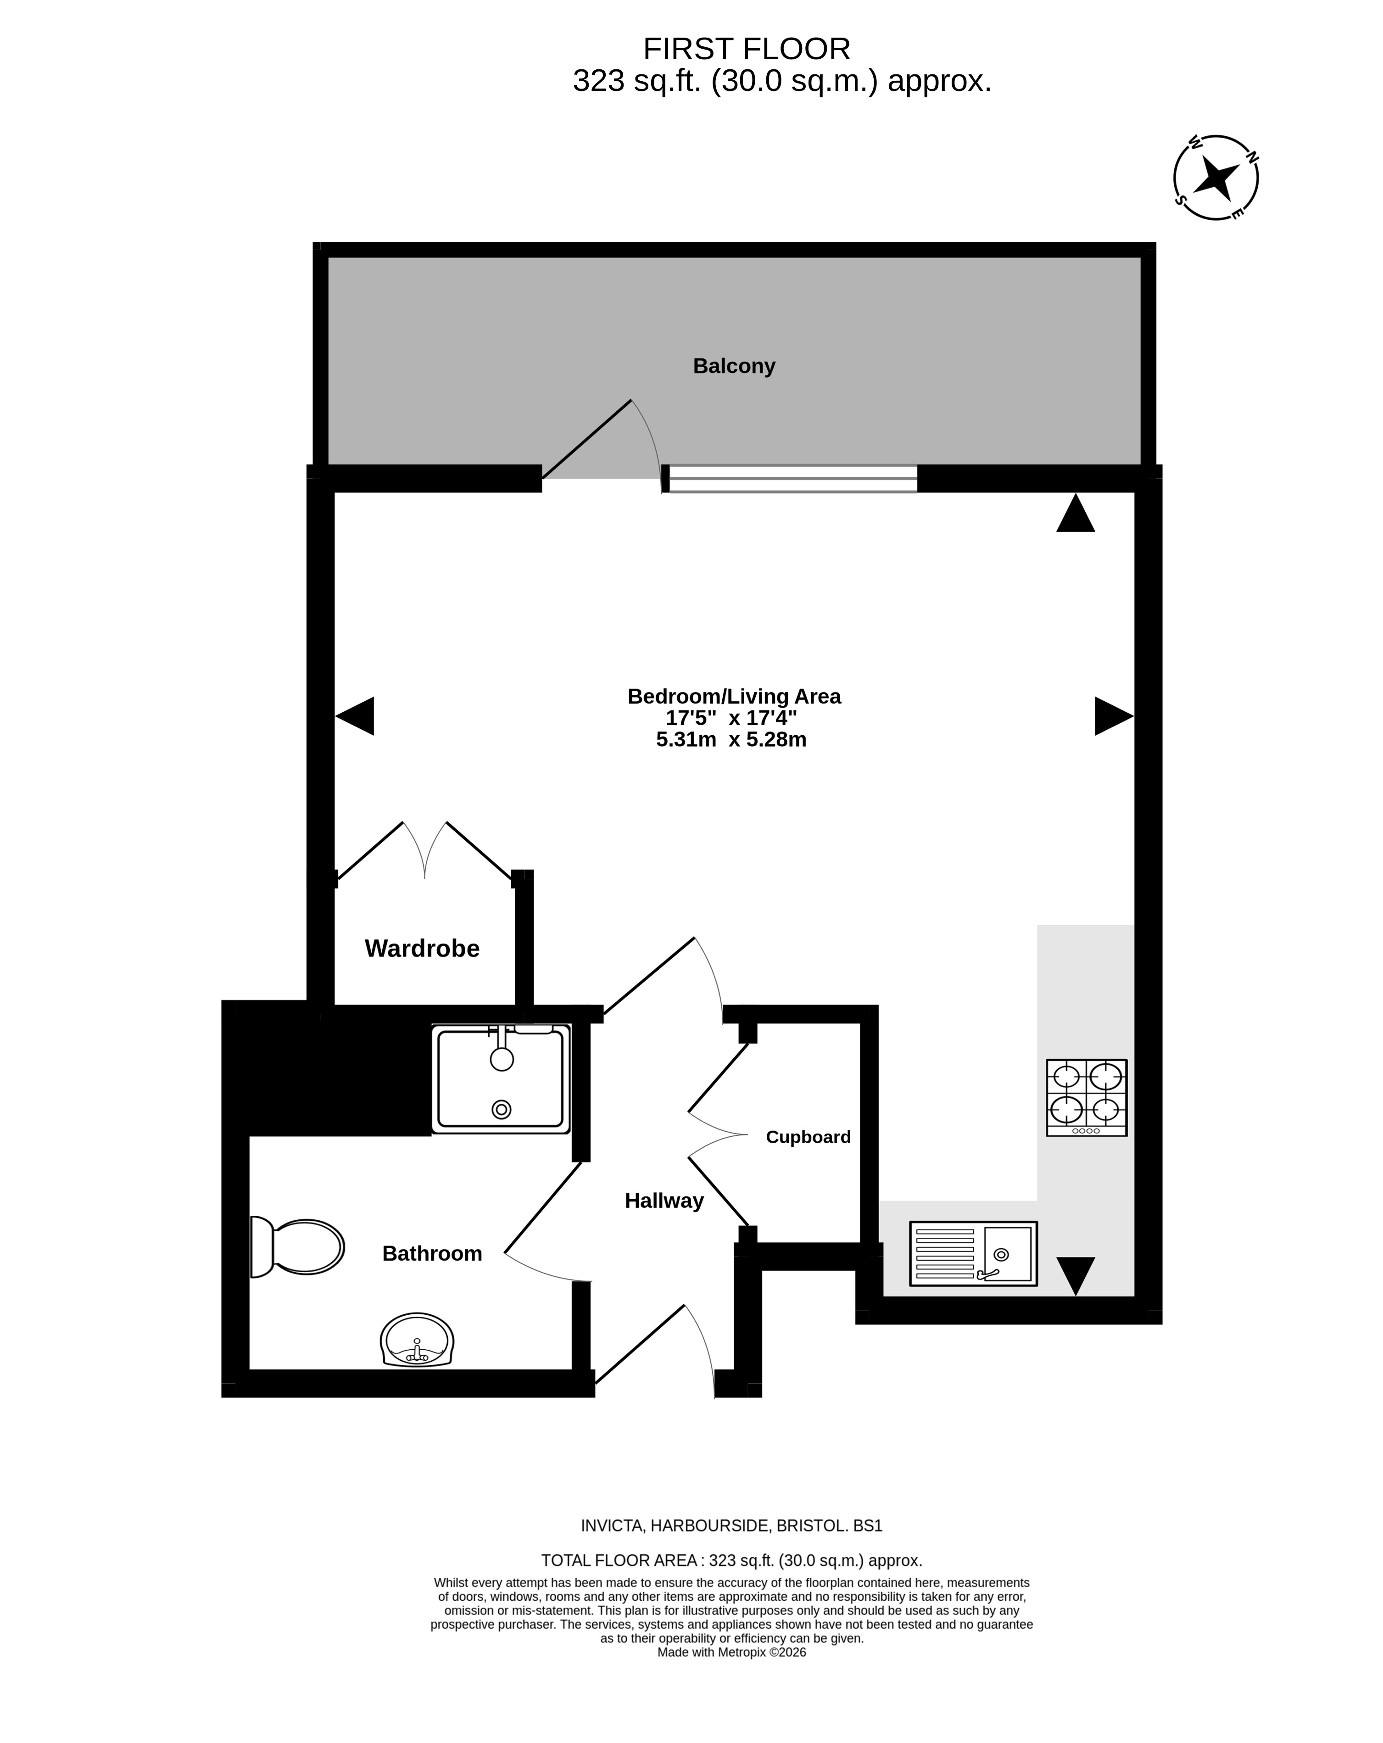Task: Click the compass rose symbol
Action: (x=1215, y=177)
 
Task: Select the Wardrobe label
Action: (x=422, y=948)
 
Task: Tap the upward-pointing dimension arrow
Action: (x=1076, y=513)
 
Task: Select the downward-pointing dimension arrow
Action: (x=1076, y=1276)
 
